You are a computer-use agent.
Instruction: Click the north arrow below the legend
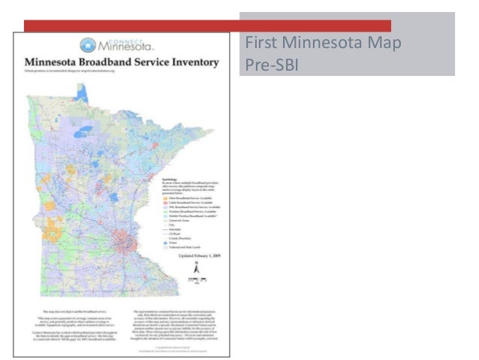point(197,266)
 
